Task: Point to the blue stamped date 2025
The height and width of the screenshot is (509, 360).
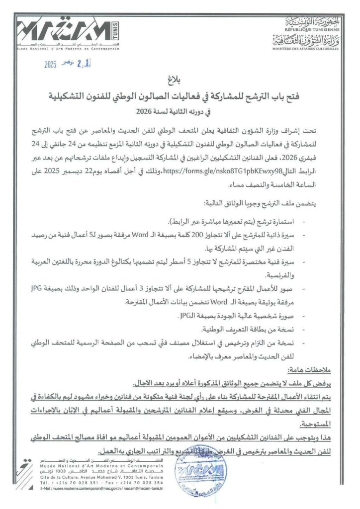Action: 51,65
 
